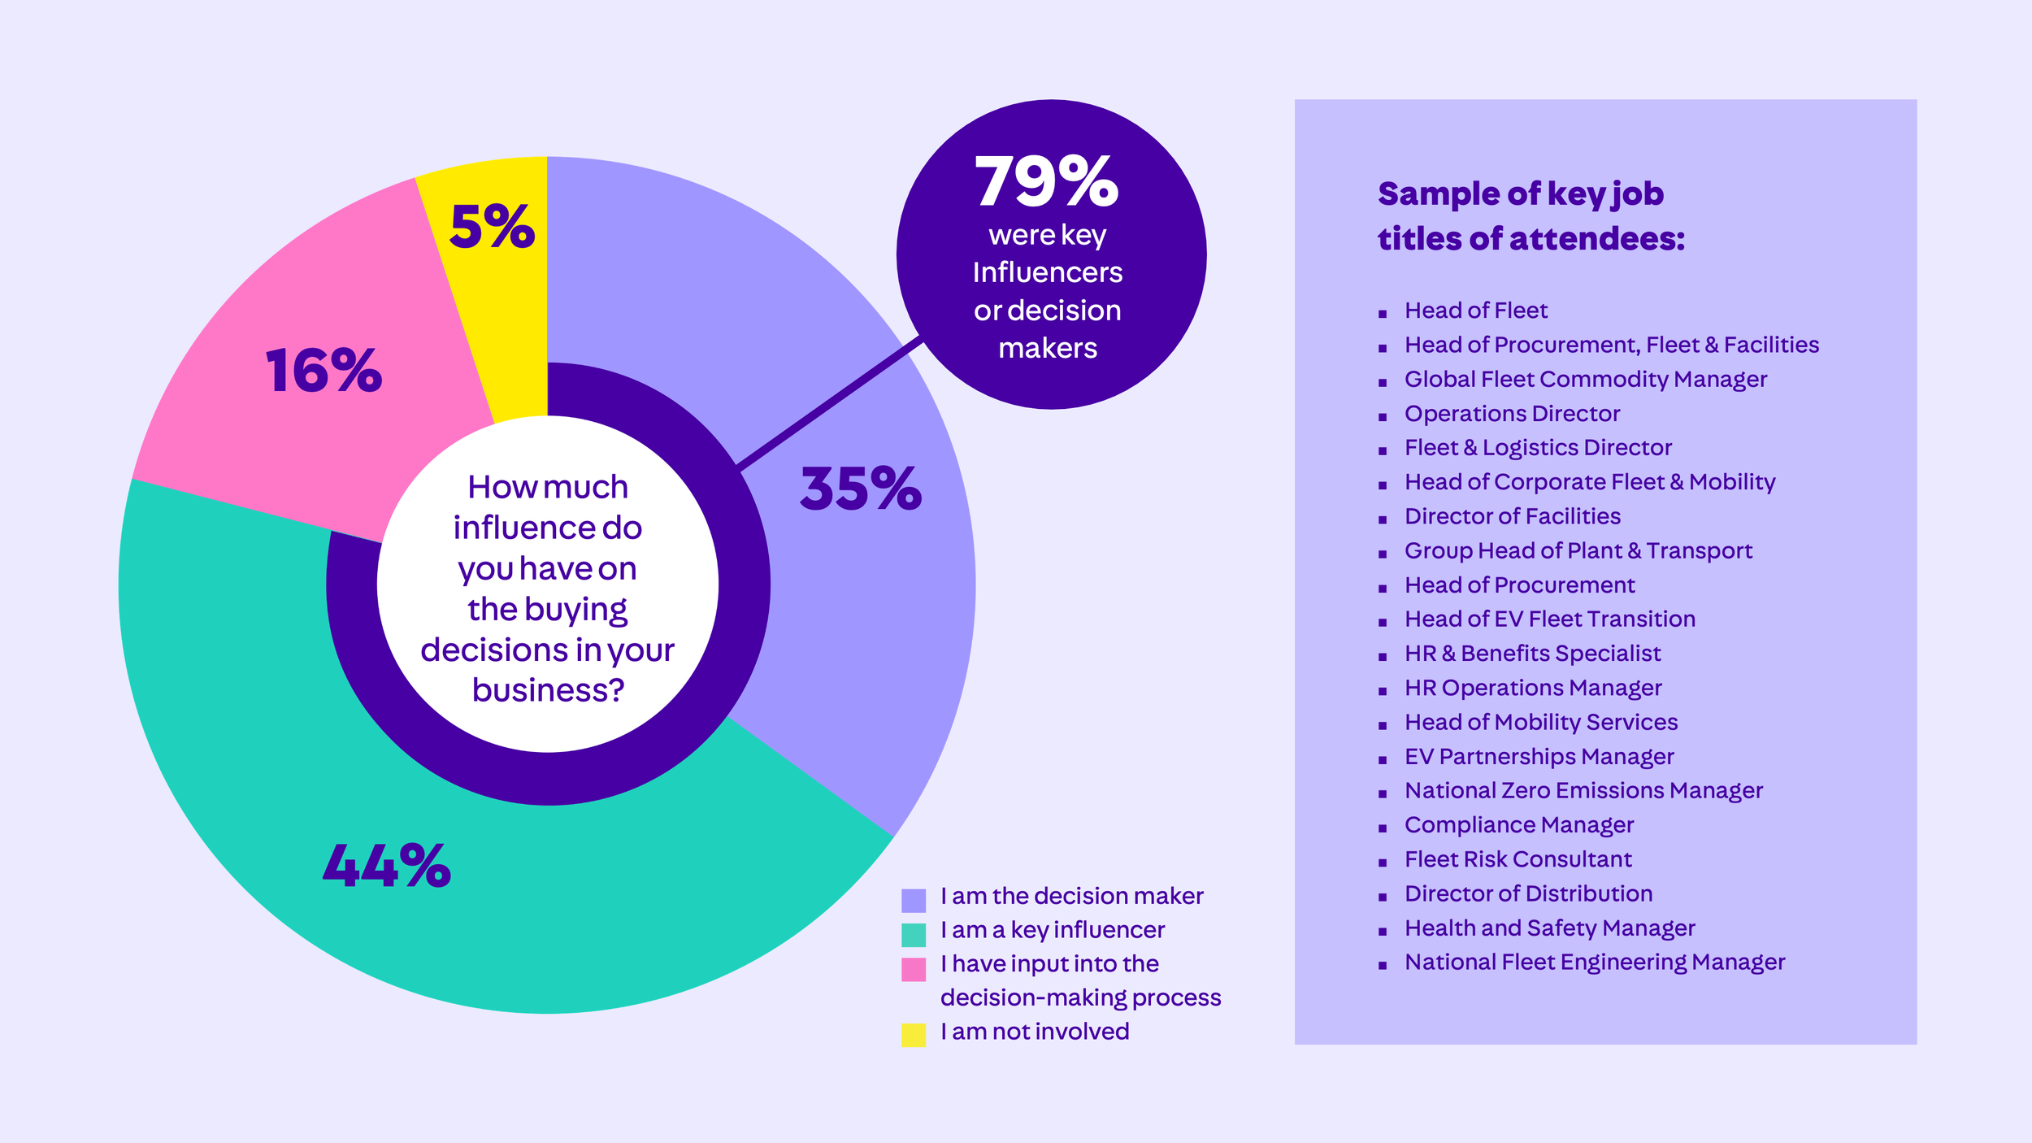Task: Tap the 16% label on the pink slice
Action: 323,371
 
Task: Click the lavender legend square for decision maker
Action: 914,901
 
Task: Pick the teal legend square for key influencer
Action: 914,935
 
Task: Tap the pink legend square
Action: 914,969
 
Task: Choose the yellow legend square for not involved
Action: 914,1036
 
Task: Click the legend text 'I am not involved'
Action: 1035,1032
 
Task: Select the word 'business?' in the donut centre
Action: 548,690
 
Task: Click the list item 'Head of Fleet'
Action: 1475,311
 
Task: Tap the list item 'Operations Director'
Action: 1512,414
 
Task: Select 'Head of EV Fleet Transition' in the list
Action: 1549,619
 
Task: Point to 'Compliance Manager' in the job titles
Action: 1518,825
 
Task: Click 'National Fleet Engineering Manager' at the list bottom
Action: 1594,963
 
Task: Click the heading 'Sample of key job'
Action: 1520,194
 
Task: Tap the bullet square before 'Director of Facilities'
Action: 1383,519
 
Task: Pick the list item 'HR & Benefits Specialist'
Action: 1532,654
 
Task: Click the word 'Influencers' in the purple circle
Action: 1047,272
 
